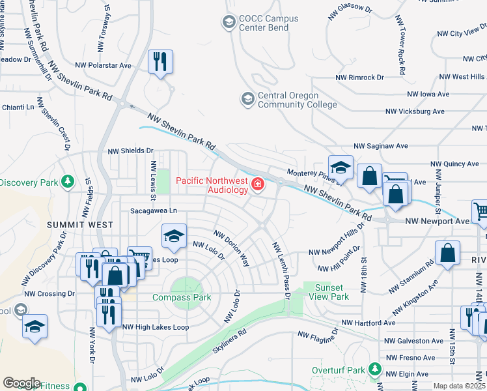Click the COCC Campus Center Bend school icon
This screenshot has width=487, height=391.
pyautogui.click(x=229, y=23)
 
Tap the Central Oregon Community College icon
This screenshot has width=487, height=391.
pyautogui.click(x=247, y=99)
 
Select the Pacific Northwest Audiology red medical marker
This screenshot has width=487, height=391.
pyautogui.click(x=258, y=185)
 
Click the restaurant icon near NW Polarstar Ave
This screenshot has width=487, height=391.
pyautogui.click(x=160, y=62)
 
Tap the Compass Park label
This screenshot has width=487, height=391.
pyautogui.click(x=182, y=297)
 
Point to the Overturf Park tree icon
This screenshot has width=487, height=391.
pyautogui.click(x=374, y=369)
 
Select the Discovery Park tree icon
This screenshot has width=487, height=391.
pyautogui.click(x=67, y=181)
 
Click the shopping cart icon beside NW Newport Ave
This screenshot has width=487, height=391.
pyautogui.click(x=480, y=211)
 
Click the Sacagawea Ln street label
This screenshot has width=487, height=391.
pyautogui.click(x=154, y=211)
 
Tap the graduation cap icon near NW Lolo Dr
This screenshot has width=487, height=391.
pyautogui.click(x=174, y=237)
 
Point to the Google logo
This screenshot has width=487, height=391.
pyautogui.click(x=21, y=383)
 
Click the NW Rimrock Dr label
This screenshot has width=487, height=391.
pyautogui.click(x=360, y=77)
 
